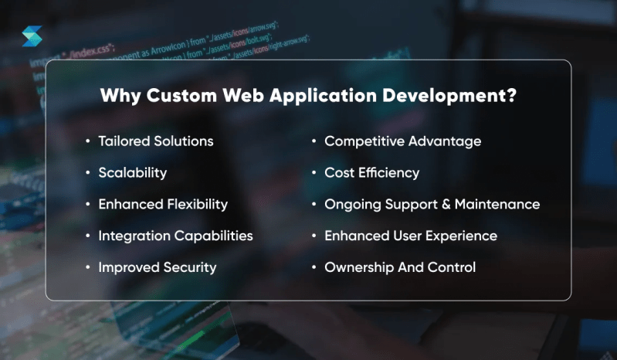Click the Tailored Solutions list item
pos(155,141)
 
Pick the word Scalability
pos(132,172)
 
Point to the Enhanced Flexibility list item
pos(162,204)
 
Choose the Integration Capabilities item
pos(175,236)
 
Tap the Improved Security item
pos(157,267)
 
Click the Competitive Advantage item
pos(402,141)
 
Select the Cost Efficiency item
pos(371,172)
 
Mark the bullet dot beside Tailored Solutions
pos(87,142)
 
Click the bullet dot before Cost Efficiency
pos(314,173)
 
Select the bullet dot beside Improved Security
pos(87,268)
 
